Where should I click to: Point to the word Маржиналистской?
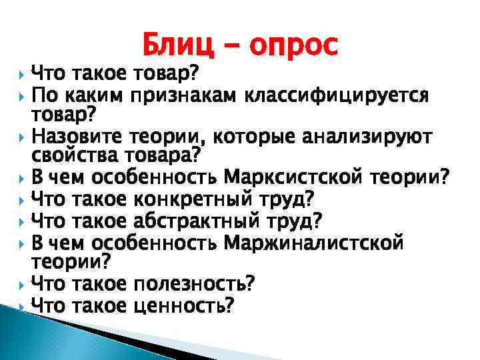[x=313, y=241]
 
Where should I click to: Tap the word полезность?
[x=194, y=284]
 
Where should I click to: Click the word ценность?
[x=184, y=305]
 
